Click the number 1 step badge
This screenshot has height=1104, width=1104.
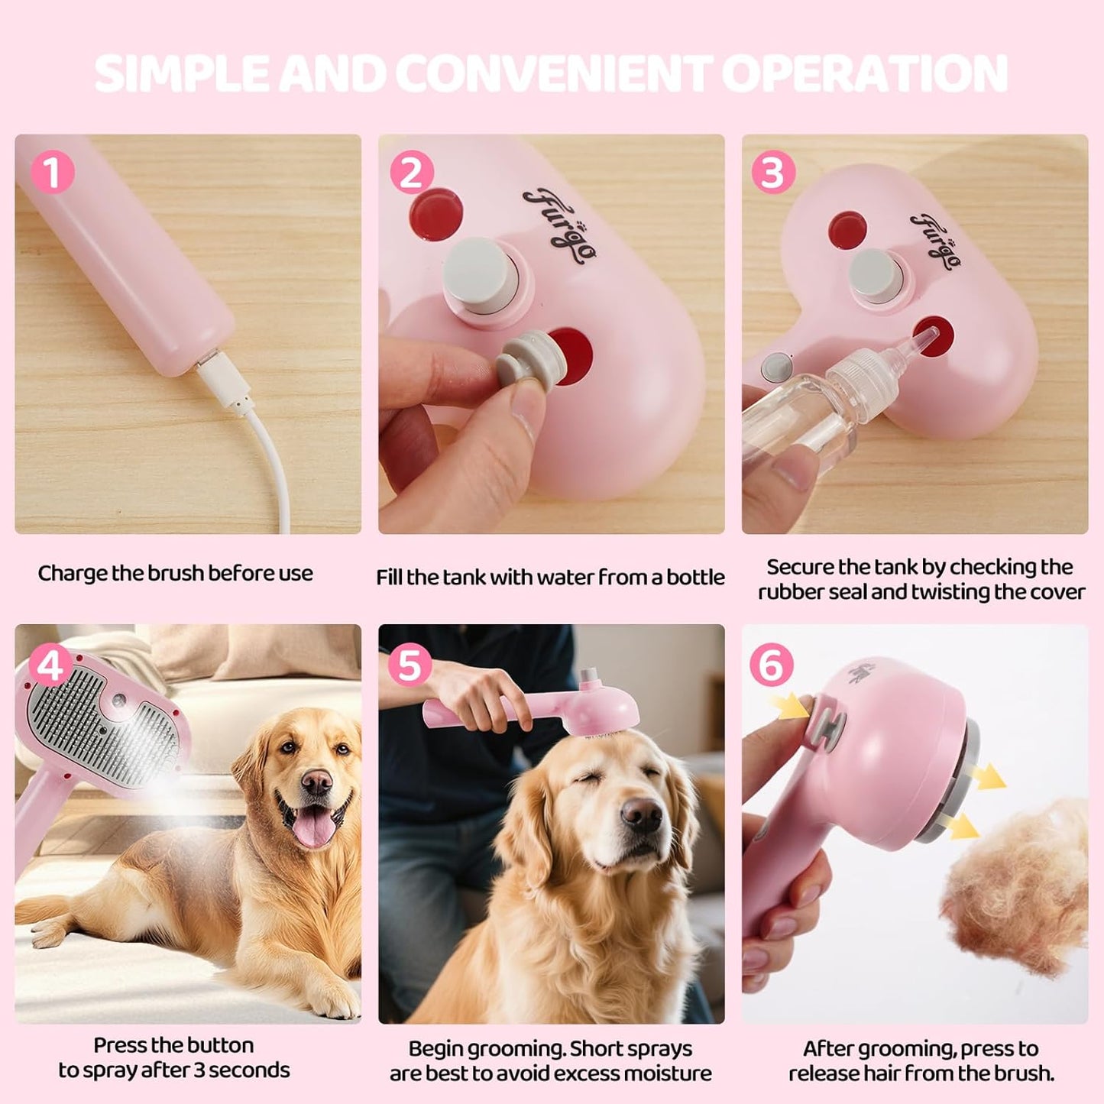point(52,172)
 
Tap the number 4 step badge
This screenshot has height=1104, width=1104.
point(50,666)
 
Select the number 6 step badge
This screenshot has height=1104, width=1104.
point(771,665)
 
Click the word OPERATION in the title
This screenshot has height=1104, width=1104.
point(864,74)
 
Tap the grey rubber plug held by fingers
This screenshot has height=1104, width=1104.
point(526,359)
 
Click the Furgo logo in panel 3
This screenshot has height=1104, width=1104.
point(935,241)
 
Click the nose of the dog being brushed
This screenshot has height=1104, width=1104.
point(640,816)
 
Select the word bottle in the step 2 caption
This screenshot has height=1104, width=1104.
point(694,578)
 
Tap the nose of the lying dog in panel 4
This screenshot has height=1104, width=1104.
point(316,781)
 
